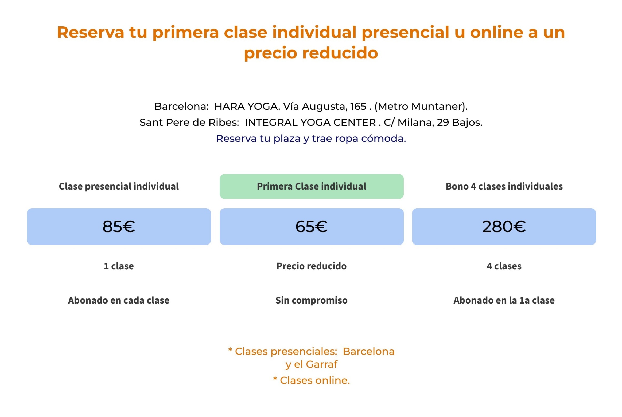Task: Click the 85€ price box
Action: click(x=119, y=226)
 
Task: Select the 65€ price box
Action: click(x=311, y=226)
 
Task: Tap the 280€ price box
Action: click(x=504, y=226)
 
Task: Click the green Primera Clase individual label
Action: click(x=311, y=186)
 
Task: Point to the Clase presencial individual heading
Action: click(x=119, y=186)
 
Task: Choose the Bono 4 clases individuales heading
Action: click(x=504, y=186)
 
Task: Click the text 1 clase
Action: click(x=119, y=266)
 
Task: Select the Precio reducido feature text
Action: click(x=311, y=266)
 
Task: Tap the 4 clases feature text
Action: click(x=504, y=266)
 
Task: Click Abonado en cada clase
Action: click(x=119, y=300)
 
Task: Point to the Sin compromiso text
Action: click(x=311, y=301)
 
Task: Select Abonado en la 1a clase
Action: click(x=504, y=300)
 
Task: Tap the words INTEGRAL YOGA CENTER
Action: click(x=310, y=122)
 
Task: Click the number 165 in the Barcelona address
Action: click(x=358, y=106)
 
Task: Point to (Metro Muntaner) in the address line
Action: click(x=421, y=107)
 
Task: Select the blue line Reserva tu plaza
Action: click(x=311, y=139)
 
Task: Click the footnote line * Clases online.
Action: click(x=311, y=380)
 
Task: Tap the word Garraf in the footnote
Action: click(x=321, y=364)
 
